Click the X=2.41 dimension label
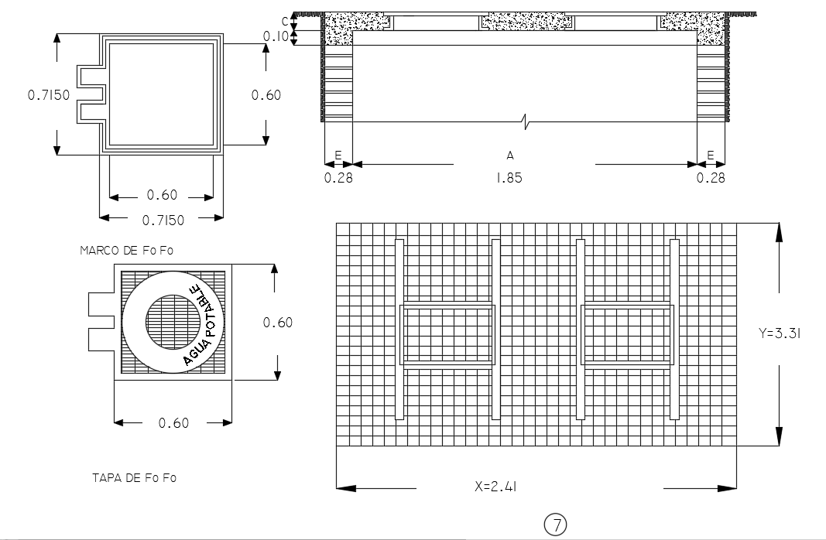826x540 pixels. pyautogui.click(x=496, y=487)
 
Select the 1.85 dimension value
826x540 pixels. pyautogui.click(x=509, y=178)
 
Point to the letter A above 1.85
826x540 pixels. pyautogui.click(x=510, y=156)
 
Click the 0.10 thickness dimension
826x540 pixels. pyautogui.click(x=275, y=36)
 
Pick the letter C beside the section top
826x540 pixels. pyautogui.click(x=286, y=19)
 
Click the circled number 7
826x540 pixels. pyautogui.click(x=556, y=525)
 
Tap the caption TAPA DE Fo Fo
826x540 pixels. pyautogui.click(x=134, y=478)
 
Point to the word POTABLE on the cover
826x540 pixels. pyautogui.click(x=207, y=310)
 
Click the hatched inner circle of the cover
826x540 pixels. pyautogui.click(x=172, y=320)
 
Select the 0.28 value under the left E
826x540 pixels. pyautogui.click(x=338, y=178)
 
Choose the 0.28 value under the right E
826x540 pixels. pyautogui.click(x=711, y=178)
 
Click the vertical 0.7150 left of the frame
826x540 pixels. pyautogui.click(x=49, y=95)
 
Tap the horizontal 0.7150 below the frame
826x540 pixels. pyautogui.click(x=163, y=220)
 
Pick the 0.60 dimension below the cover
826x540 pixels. pyautogui.click(x=173, y=422)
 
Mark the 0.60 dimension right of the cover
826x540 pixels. pyautogui.click(x=277, y=323)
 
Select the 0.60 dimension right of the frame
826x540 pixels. pyautogui.click(x=266, y=95)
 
